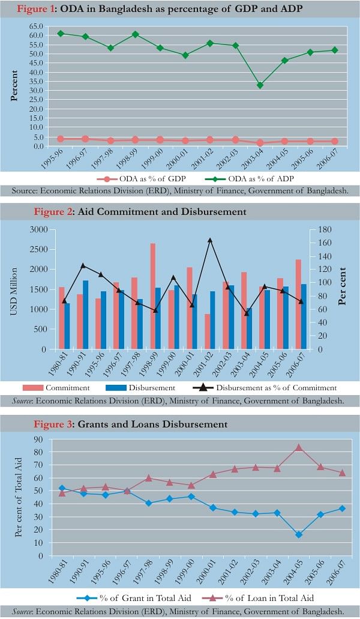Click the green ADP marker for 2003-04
click(x=260, y=85)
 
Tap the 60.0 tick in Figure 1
click(x=37, y=35)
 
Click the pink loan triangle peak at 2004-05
click(x=299, y=447)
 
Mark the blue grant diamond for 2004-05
click(x=299, y=534)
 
